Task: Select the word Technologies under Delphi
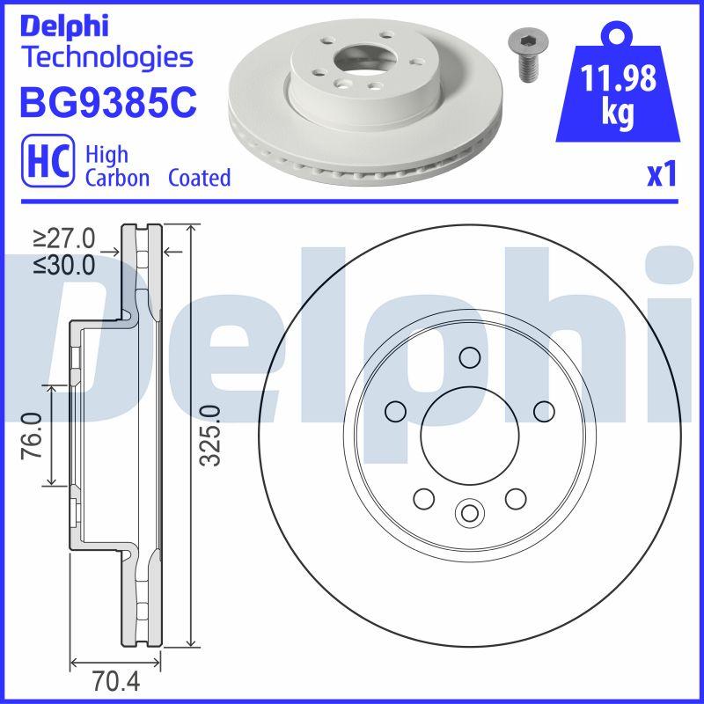106,58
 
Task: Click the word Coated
200,178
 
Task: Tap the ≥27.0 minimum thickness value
64,238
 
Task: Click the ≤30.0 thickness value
64,265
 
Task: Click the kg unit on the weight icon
620,115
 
